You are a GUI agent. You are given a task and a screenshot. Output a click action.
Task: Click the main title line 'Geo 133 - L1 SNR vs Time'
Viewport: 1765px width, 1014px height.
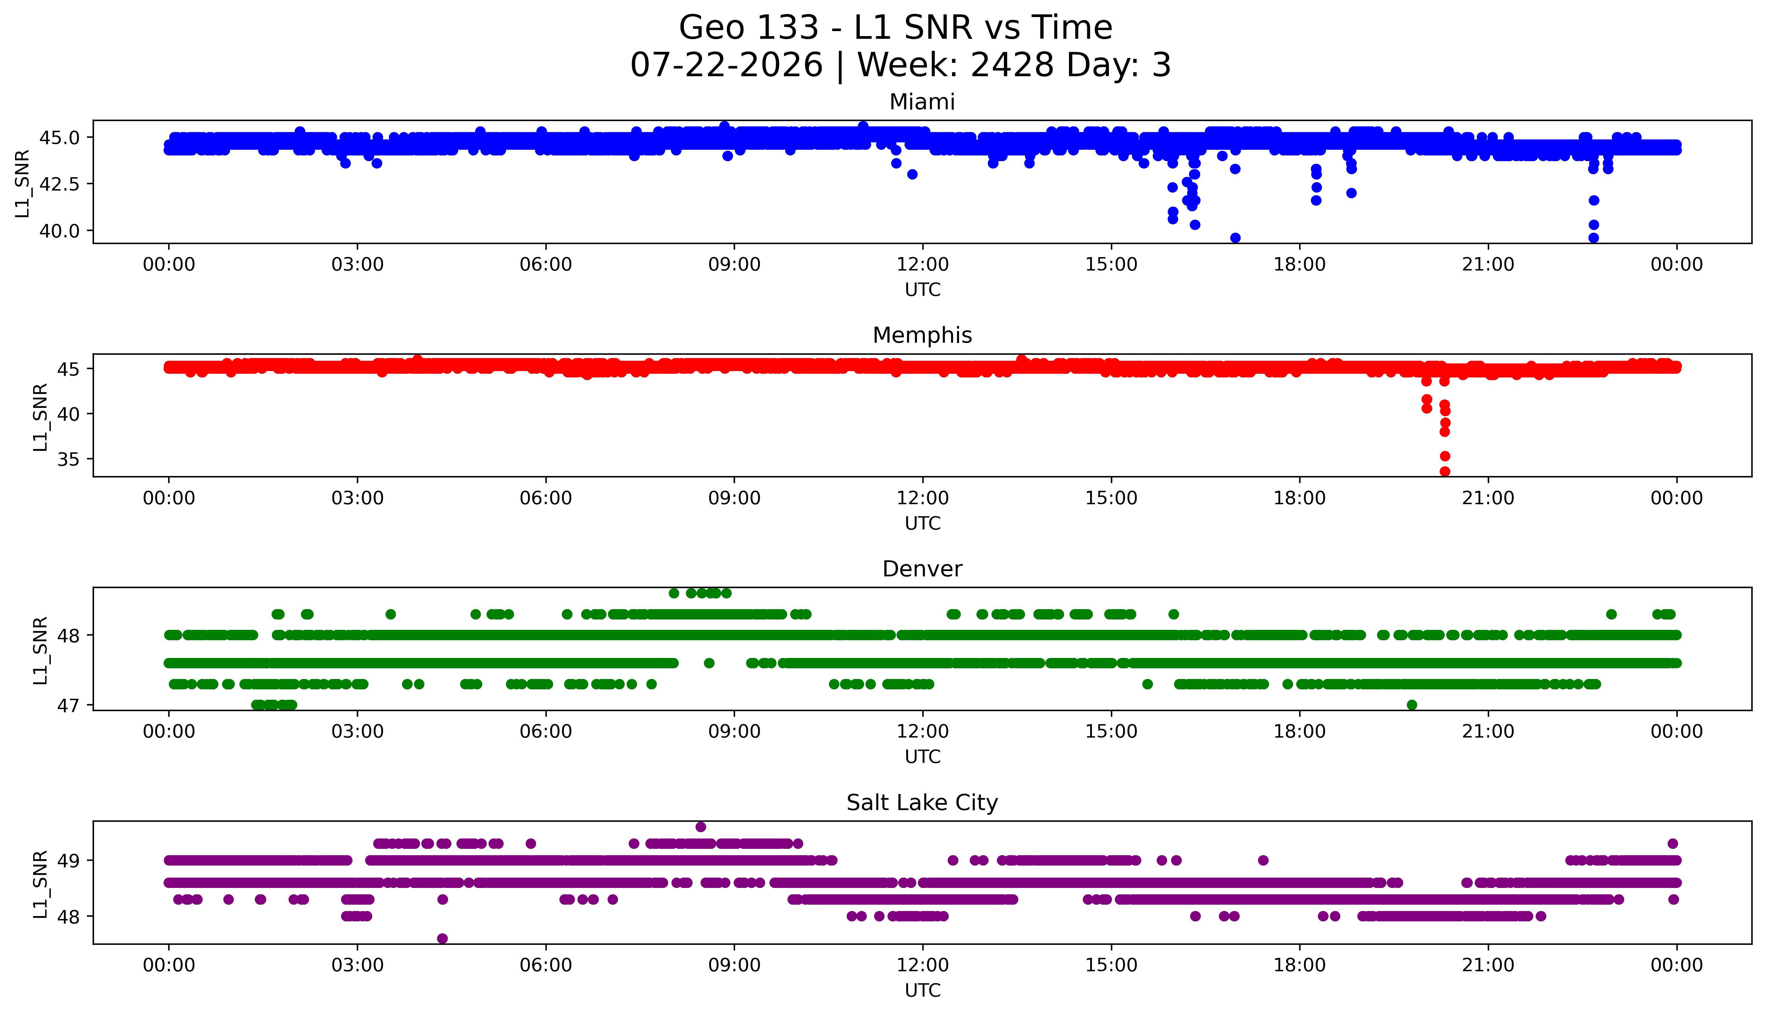896,28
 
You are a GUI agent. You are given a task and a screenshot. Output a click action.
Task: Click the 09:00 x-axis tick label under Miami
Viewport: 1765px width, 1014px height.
734,265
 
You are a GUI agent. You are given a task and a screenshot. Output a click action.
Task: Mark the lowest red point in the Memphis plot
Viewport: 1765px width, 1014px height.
1445,471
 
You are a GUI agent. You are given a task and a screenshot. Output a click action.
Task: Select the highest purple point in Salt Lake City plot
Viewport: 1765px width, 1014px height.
701,827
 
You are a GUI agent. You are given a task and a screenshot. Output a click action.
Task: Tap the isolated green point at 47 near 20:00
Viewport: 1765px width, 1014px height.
1412,705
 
